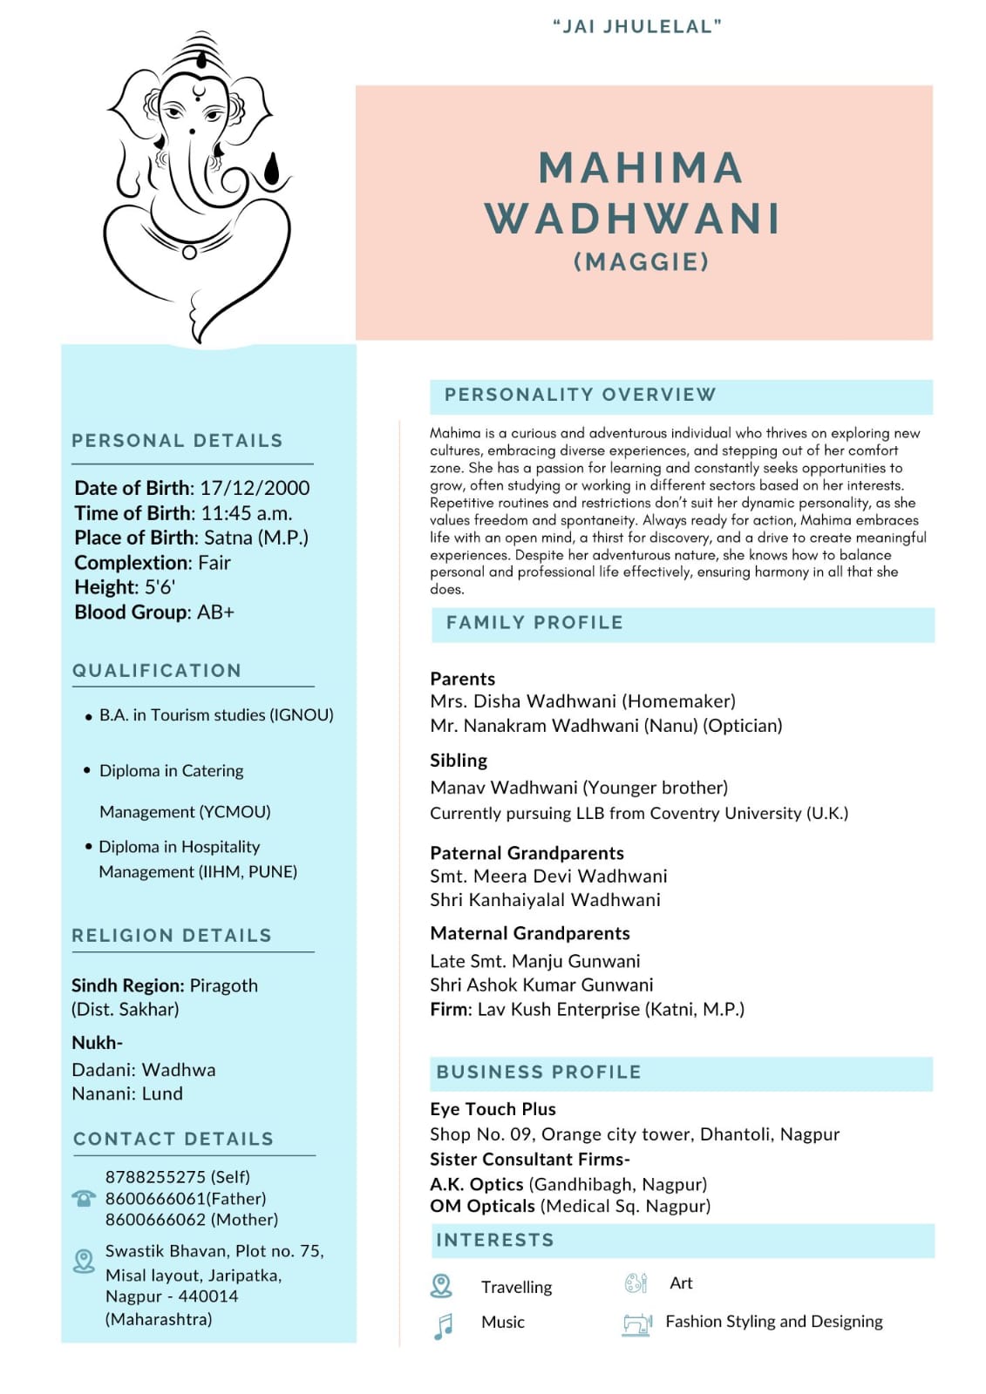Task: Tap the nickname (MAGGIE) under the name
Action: click(642, 261)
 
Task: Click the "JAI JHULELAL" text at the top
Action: click(637, 26)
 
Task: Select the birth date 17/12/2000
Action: click(255, 488)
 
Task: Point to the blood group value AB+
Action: click(215, 612)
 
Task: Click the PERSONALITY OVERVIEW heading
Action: click(580, 395)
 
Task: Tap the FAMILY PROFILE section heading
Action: click(534, 623)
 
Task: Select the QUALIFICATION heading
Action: click(157, 671)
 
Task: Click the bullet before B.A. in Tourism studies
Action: click(88, 717)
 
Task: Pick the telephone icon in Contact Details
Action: click(84, 1198)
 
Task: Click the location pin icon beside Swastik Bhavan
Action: click(84, 1261)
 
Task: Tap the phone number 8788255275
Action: click(154, 1177)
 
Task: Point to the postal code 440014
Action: click(208, 1296)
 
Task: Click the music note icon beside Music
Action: click(444, 1325)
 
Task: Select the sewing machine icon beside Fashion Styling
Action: click(637, 1324)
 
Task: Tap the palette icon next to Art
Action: click(636, 1283)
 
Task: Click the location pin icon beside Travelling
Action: click(442, 1285)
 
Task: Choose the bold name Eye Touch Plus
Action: click(493, 1109)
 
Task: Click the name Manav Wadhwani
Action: click(503, 788)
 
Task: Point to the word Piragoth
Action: click(224, 985)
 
